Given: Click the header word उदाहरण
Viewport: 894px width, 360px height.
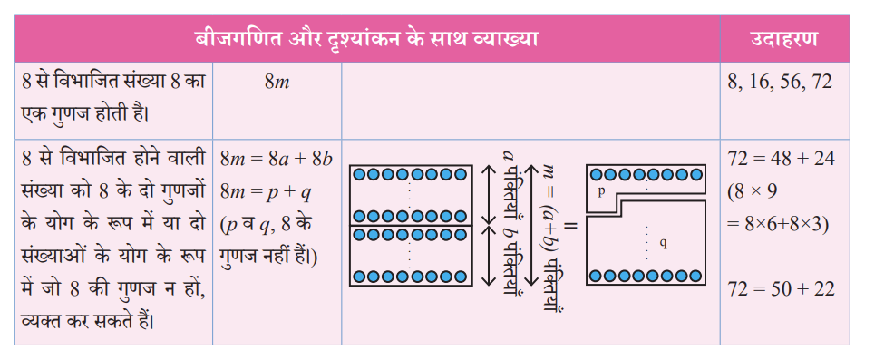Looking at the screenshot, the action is (783, 39).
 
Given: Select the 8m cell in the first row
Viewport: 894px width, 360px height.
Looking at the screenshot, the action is (277, 83).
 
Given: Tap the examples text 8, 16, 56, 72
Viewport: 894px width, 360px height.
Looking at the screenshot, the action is (780, 83).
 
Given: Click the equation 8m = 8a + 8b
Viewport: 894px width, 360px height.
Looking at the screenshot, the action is (276, 159).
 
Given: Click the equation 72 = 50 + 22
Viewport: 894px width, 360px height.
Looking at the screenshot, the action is (781, 288).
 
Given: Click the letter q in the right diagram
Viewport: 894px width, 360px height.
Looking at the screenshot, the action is (663, 244).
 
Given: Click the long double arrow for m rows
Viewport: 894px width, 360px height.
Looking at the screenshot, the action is (530, 226).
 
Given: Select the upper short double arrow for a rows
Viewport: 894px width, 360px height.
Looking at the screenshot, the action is (489, 195).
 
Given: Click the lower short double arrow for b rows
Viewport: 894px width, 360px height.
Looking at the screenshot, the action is (489, 256).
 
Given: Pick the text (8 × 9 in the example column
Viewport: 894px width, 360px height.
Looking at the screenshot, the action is (753, 193).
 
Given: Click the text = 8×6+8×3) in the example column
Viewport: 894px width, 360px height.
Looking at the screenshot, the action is (778, 225).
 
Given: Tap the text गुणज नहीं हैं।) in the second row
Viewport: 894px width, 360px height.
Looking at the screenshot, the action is (268, 258).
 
